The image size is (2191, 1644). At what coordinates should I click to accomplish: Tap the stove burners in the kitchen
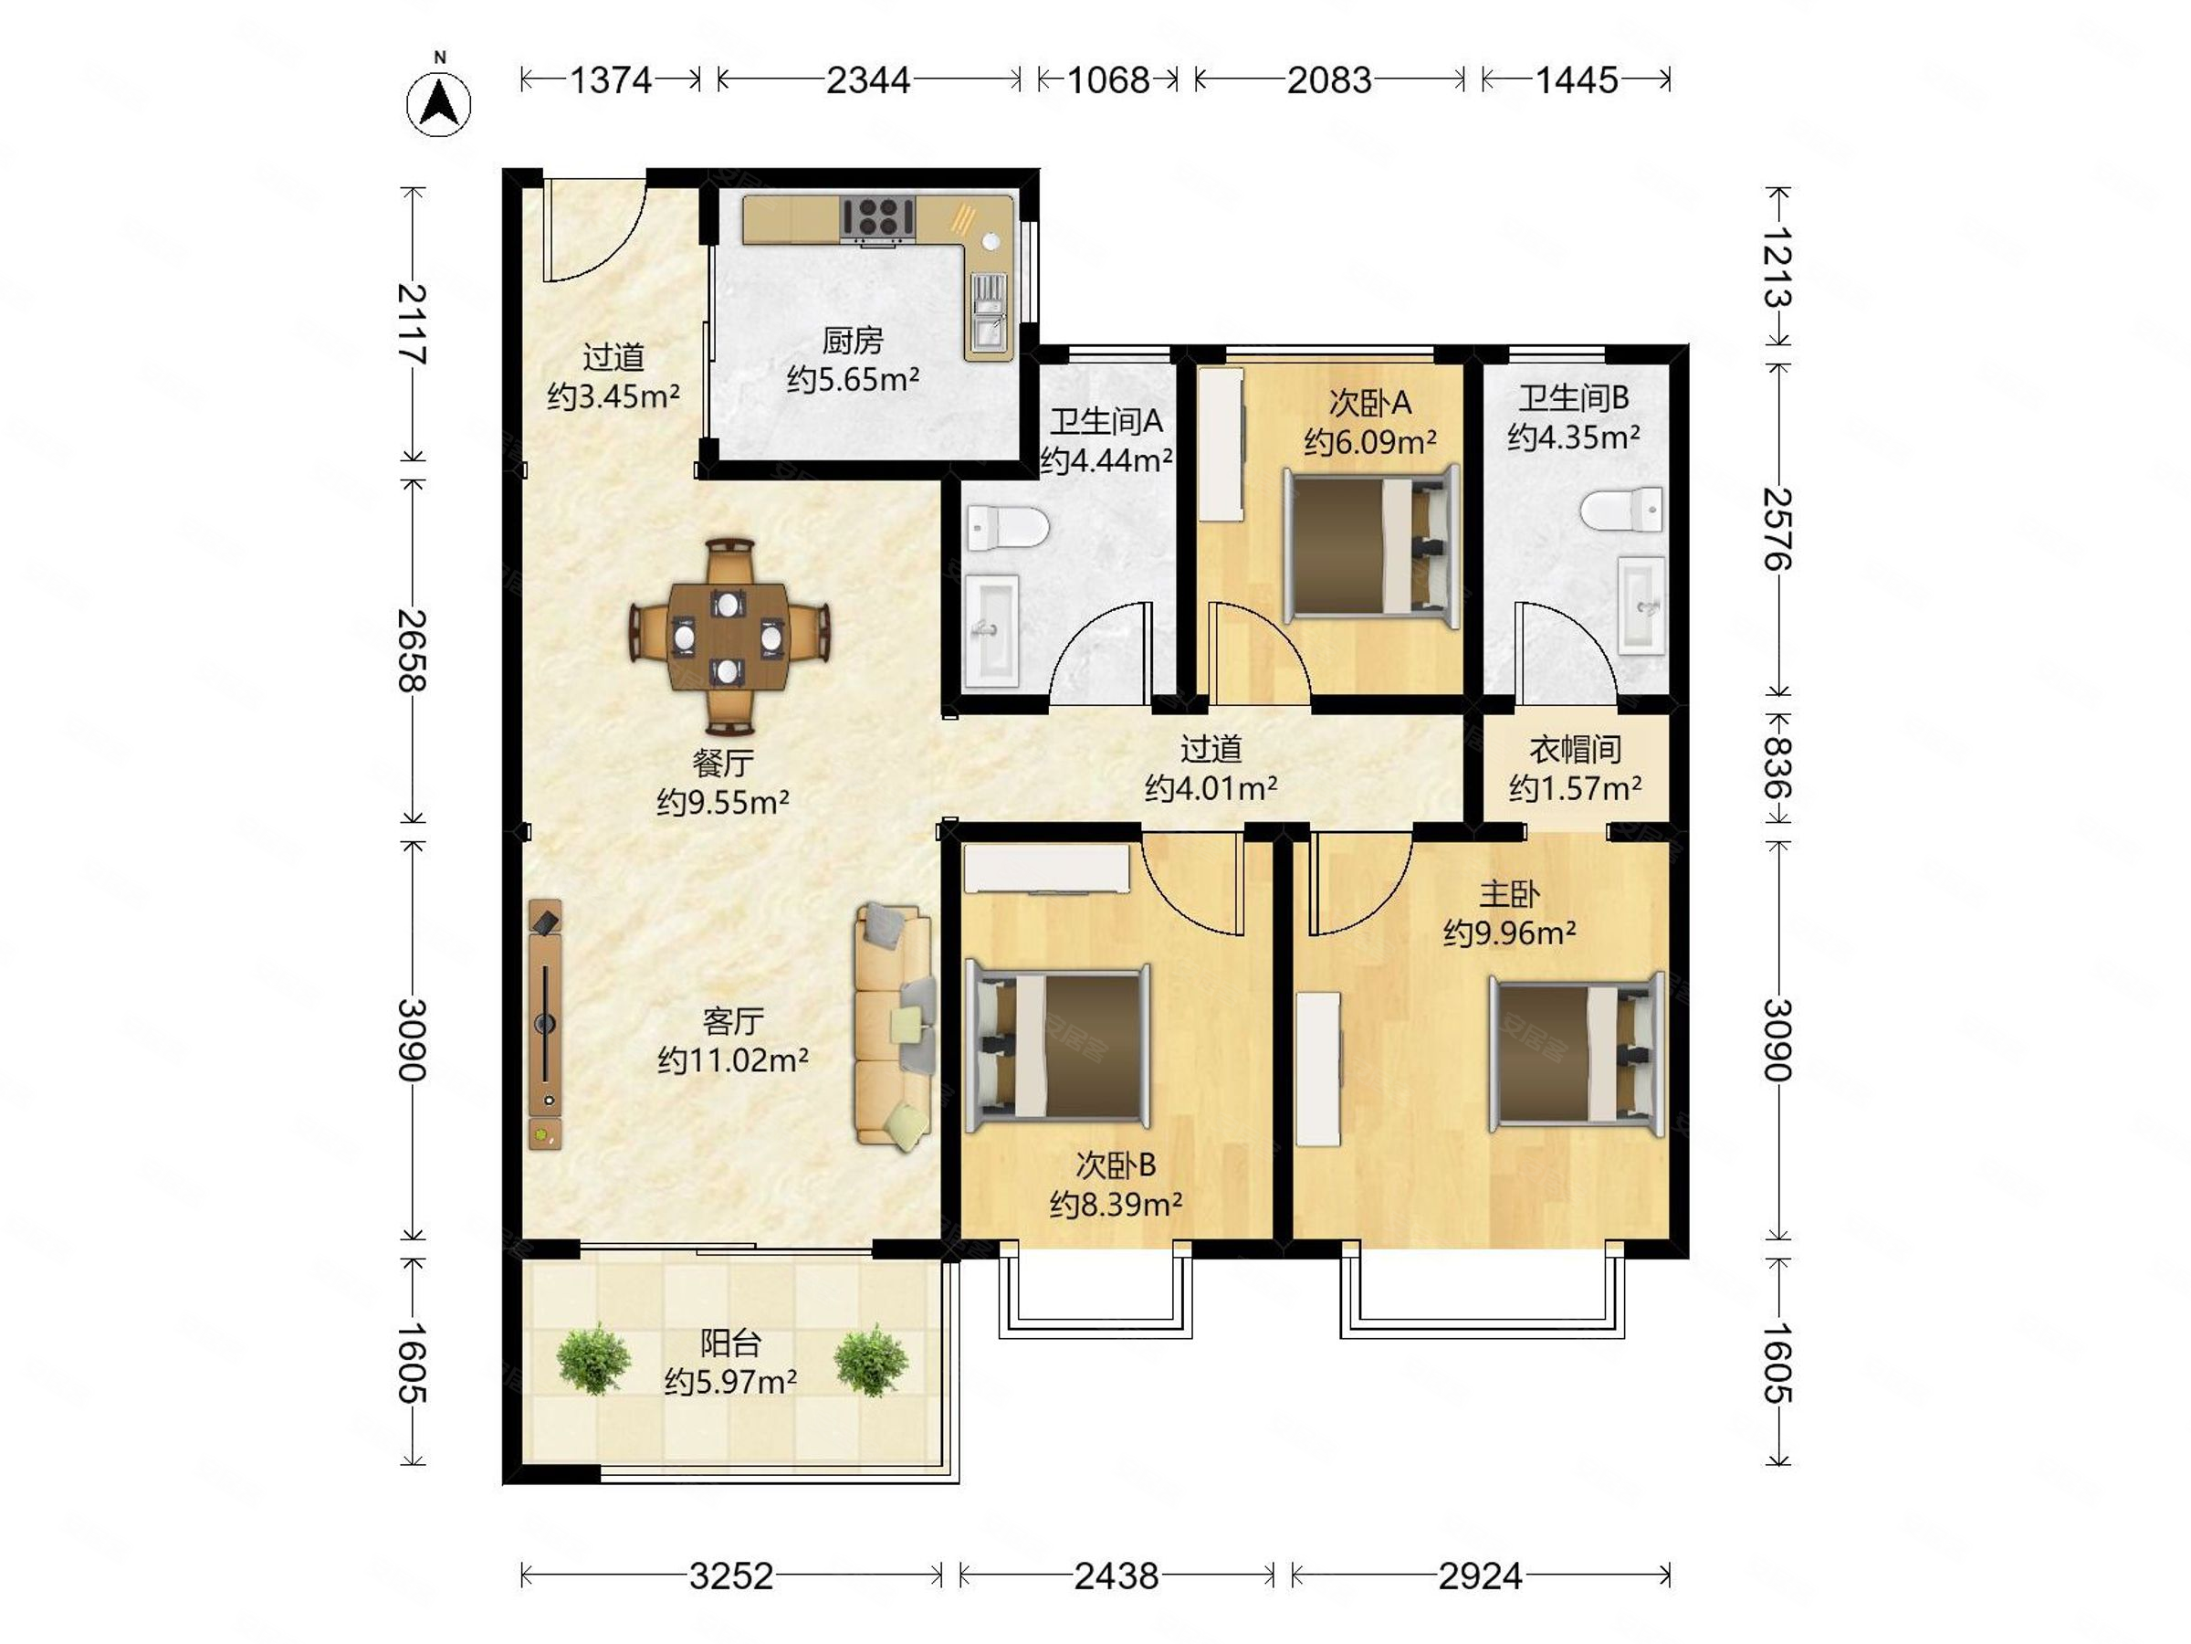point(877,217)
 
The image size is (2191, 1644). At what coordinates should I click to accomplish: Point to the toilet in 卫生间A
point(1006,526)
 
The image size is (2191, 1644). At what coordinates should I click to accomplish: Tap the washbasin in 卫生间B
point(1642,605)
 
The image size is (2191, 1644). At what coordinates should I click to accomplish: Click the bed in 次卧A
point(1372,546)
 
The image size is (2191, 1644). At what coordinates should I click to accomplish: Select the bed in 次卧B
point(1058,1047)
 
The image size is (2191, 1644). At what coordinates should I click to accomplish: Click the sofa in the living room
point(895,1025)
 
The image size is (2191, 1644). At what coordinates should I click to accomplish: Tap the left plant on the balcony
point(593,1359)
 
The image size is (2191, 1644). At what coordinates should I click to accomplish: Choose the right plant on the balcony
point(872,1360)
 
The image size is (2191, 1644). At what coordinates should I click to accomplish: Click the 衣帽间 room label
point(1575,749)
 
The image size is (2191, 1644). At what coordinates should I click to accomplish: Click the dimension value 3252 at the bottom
point(731,1575)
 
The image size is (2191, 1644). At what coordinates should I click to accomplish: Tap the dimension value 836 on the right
point(1778,768)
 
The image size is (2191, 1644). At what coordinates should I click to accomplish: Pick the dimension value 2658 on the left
point(413,650)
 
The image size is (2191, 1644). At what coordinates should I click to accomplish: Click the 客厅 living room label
point(733,1021)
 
